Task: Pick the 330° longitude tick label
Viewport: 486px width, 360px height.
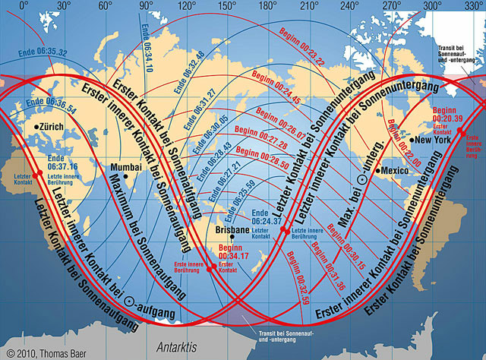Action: click(472, 5)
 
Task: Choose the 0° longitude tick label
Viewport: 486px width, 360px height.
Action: click(23, 5)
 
